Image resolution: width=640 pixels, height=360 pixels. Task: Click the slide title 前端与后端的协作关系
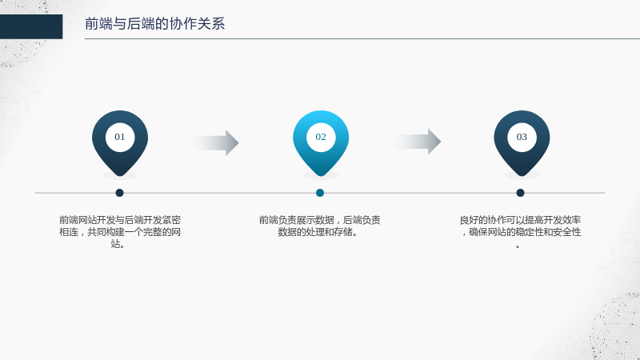tap(154, 24)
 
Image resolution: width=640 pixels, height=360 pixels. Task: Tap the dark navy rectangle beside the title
tap(31, 26)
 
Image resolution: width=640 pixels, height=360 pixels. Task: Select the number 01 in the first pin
tap(119, 137)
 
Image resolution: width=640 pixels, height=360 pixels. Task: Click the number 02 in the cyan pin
tap(321, 137)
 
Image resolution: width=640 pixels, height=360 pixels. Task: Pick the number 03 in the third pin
tap(522, 137)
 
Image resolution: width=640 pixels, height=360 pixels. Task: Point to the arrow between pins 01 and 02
tap(215, 143)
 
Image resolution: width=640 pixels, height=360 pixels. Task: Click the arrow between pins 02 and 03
tap(417, 142)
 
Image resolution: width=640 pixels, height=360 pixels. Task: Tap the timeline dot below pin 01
tap(119, 193)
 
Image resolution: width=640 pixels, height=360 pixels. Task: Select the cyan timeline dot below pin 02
tap(320, 193)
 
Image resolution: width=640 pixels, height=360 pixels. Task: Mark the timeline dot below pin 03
tap(520, 193)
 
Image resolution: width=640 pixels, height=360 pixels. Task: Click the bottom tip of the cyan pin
tap(321, 176)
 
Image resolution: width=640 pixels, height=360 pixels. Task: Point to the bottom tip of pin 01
tap(120, 176)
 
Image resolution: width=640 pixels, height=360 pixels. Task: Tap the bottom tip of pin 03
tap(522, 176)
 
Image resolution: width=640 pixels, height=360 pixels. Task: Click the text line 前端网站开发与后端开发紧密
tap(120, 220)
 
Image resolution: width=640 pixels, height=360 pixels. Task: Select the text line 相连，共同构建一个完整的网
tap(120, 232)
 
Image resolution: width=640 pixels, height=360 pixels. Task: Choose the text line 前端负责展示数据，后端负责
tap(319, 220)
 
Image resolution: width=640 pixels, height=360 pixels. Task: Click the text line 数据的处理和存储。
tap(318, 232)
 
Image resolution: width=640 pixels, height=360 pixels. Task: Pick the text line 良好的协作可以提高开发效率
tap(520, 220)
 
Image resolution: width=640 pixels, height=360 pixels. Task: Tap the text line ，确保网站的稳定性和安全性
tap(521, 232)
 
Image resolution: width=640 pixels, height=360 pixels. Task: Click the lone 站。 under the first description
tap(118, 244)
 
